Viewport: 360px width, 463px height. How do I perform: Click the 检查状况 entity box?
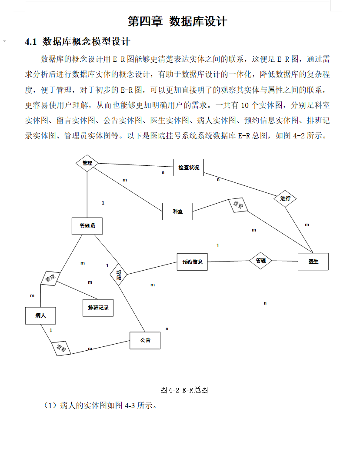[x=188, y=168]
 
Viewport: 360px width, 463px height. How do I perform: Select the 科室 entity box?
[x=177, y=211]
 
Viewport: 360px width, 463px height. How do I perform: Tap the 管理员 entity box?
[x=87, y=226]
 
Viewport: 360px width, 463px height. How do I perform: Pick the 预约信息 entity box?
[x=192, y=262]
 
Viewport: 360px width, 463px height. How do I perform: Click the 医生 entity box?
[x=313, y=262]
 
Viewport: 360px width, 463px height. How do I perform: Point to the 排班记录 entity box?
[x=98, y=307]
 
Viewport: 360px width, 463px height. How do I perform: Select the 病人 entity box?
[x=40, y=315]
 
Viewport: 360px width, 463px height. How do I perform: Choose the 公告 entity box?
[x=145, y=340]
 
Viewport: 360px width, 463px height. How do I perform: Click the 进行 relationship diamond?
[x=285, y=198]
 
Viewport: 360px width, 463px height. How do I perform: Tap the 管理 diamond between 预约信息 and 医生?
[x=261, y=261]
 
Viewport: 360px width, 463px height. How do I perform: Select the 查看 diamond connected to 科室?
[x=238, y=205]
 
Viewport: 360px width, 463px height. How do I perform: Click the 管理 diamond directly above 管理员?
[x=87, y=163]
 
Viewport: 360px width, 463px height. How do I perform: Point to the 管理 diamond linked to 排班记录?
[x=50, y=278]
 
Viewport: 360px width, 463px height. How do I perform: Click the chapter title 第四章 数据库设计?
[x=177, y=21]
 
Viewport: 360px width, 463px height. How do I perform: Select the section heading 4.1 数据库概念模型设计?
[x=78, y=42]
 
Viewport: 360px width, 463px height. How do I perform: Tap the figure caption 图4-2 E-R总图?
[x=184, y=390]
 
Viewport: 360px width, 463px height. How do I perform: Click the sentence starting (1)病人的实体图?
[x=100, y=406]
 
